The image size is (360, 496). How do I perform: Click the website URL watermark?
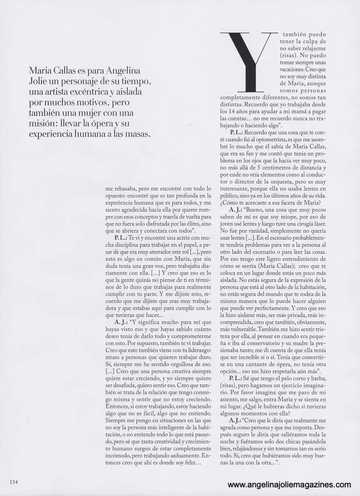click(289, 485)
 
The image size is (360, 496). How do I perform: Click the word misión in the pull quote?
click(42, 124)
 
